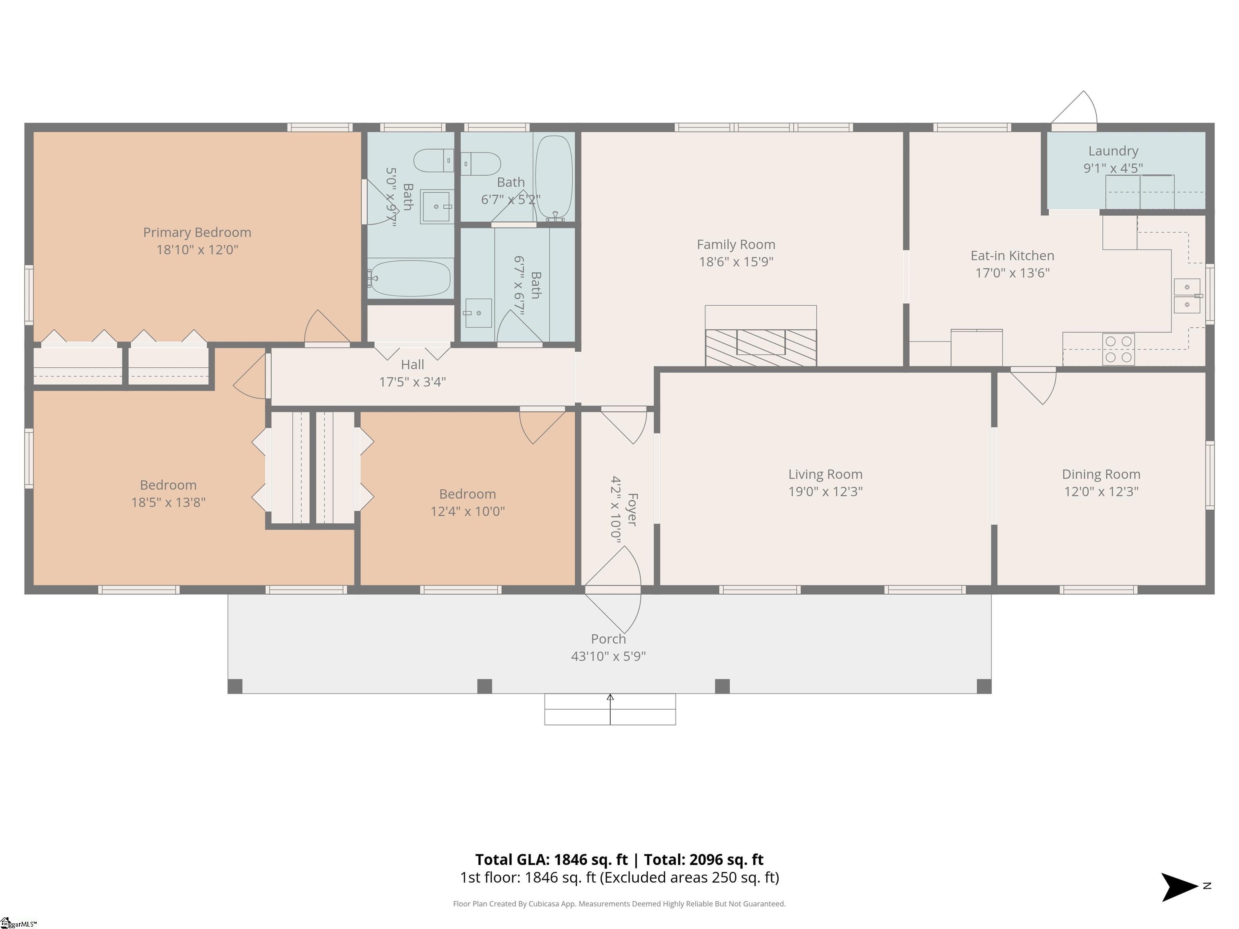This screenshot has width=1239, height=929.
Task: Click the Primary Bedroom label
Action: (197, 232)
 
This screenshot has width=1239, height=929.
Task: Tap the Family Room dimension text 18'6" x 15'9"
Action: (736, 262)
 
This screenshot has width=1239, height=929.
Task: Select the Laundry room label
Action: (1113, 151)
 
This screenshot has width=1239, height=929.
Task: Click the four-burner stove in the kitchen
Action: (1118, 349)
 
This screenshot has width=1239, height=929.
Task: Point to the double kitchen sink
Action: (1187, 296)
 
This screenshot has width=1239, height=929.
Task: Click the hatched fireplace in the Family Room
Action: (761, 348)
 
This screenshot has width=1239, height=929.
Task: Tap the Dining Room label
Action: (1101, 474)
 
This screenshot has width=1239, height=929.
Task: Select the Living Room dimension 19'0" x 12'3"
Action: (825, 491)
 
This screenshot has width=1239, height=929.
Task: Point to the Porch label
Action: (608, 639)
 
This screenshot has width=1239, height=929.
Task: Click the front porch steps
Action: (610, 709)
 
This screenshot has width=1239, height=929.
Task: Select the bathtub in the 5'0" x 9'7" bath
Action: (411, 278)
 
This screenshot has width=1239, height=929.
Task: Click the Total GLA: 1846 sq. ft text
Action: (552, 860)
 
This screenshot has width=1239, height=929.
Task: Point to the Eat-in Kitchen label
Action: (1012, 256)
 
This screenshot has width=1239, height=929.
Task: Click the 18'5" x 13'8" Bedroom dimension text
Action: (168, 502)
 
